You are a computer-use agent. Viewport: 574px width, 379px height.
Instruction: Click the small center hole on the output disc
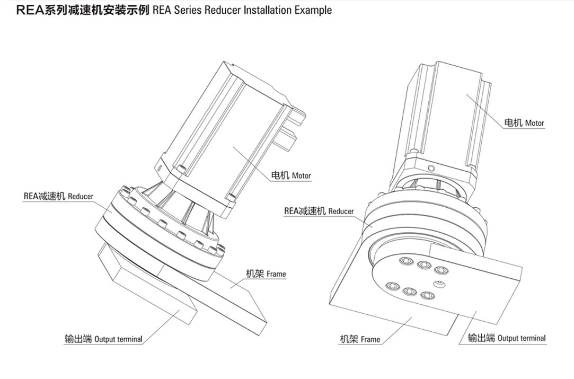coord(438,285)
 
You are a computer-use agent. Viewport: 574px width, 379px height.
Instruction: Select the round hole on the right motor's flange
coord(431,168)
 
